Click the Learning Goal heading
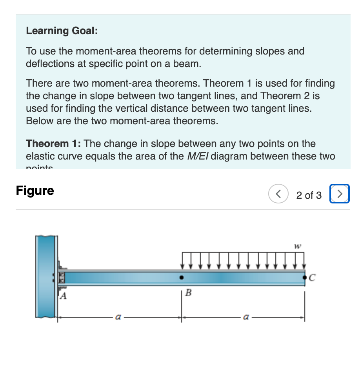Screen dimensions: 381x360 pyautogui.click(x=62, y=31)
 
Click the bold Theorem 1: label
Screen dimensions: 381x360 pyautogui.click(x=53, y=143)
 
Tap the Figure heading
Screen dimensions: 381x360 pyautogui.click(x=35, y=191)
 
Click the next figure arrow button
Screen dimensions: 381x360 pyautogui.click(x=340, y=194)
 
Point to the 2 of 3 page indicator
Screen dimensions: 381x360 pyautogui.click(x=309, y=195)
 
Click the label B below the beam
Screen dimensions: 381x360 pyautogui.click(x=188, y=292)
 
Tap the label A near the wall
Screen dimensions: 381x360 pyautogui.click(x=62, y=297)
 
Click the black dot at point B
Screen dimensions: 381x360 pyautogui.click(x=181, y=278)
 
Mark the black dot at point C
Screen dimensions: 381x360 pyautogui.click(x=305, y=278)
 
